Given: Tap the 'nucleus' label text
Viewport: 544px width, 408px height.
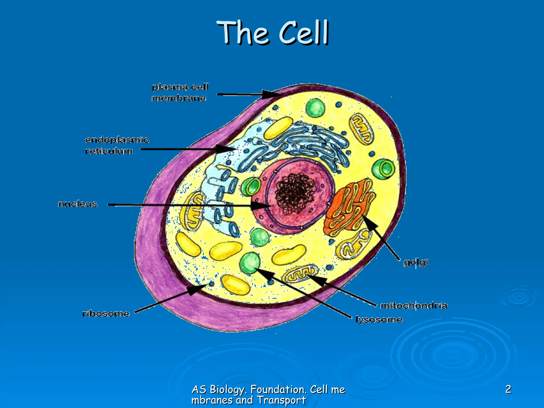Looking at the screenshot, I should (x=78, y=204).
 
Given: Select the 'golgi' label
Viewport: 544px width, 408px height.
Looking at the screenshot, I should (x=416, y=262).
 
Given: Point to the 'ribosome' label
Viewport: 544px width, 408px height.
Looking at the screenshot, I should (x=106, y=314).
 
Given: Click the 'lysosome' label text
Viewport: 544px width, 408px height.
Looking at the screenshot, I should (x=379, y=319).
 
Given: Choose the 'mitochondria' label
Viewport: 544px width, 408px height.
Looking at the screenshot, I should (x=414, y=305).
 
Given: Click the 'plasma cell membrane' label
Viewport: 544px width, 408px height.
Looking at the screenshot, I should (x=180, y=92).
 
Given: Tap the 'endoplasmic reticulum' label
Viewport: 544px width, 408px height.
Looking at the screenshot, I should (x=117, y=145).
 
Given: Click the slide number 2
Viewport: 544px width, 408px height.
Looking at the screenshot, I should (x=508, y=389).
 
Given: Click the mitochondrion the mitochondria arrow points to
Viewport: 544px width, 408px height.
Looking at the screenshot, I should (x=300, y=274).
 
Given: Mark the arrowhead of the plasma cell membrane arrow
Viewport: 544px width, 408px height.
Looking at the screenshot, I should (x=270, y=94).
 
